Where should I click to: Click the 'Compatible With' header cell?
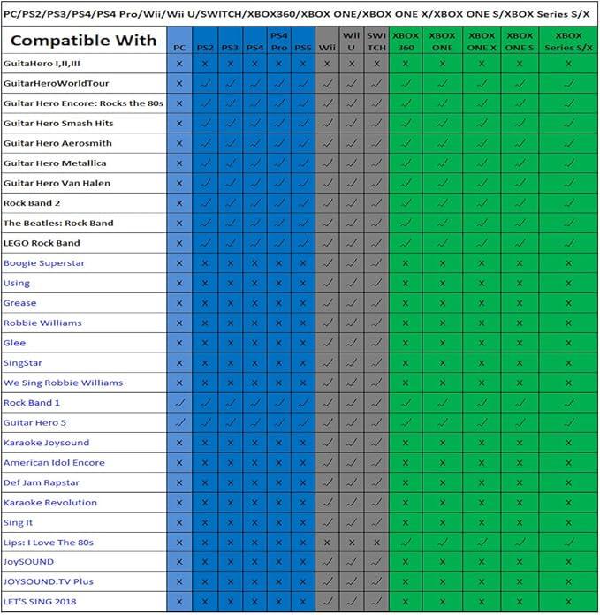tap(84, 41)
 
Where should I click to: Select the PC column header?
tap(179, 42)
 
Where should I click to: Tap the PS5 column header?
tap(302, 42)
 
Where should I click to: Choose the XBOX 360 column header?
tap(406, 42)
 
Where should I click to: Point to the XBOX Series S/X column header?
tap(568, 42)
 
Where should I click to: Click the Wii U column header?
tap(352, 42)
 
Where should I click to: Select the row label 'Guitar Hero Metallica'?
tap(55, 163)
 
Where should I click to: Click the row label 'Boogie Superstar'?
tap(43, 263)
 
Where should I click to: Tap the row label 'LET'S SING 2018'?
tap(40, 602)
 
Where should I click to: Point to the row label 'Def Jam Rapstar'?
tap(41, 482)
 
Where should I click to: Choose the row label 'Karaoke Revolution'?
tap(49, 503)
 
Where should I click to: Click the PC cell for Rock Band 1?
tap(179, 403)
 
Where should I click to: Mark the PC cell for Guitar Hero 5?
tap(179, 423)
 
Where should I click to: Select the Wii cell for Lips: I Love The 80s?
tap(327, 543)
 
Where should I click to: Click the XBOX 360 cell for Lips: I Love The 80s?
tap(406, 543)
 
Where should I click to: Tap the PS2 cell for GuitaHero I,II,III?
tap(205, 64)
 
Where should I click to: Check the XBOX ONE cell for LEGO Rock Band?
tap(442, 243)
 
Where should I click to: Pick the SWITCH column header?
tap(376, 42)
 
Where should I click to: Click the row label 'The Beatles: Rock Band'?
tap(58, 224)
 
